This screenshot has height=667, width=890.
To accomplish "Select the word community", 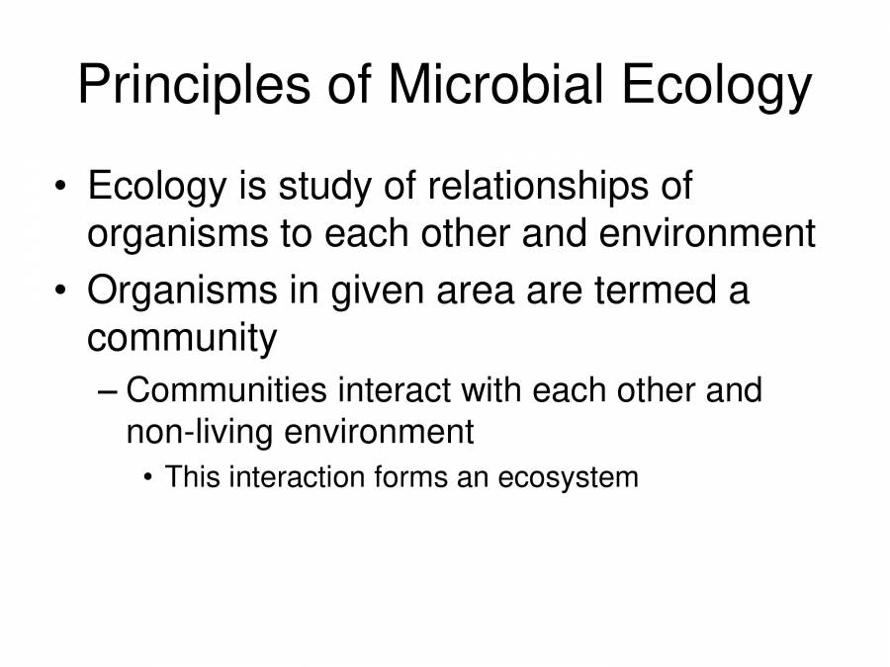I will click(x=182, y=339).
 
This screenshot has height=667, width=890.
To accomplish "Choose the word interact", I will click(x=393, y=390).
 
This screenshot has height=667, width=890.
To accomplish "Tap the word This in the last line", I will click(x=195, y=477).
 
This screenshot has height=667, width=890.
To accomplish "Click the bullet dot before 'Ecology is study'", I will click(x=62, y=188).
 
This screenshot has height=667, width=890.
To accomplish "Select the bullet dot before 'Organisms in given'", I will click(x=62, y=292).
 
